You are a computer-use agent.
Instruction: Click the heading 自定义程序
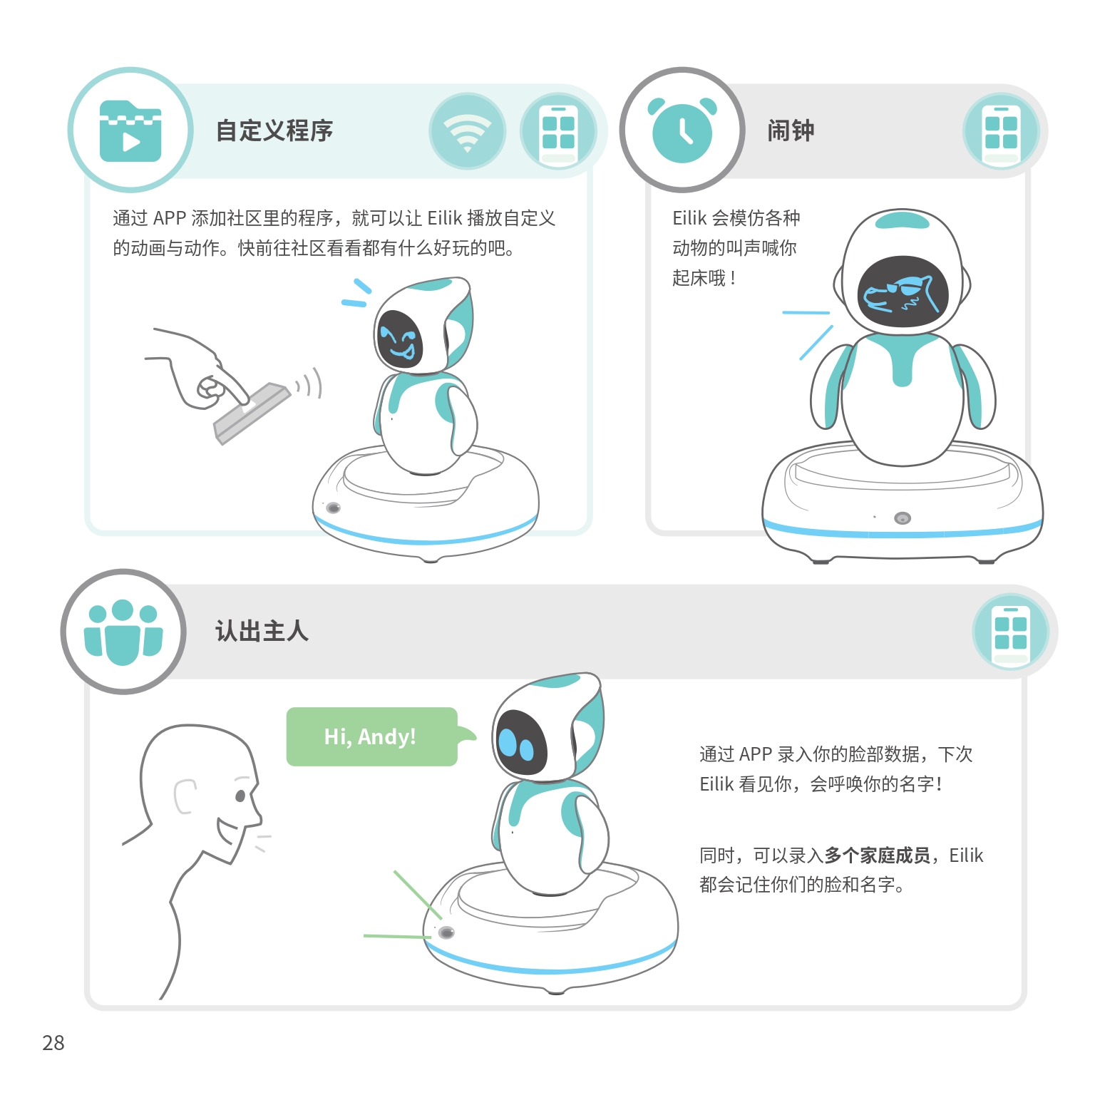[x=274, y=130]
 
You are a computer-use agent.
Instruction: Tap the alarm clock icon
[x=682, y=130]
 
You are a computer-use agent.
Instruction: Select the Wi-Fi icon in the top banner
[x=467, y=131]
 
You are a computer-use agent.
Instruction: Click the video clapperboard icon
[x=130, y=130]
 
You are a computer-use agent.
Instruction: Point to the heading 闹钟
[x=791, y=130]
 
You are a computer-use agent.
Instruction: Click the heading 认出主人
[x=262, y=631]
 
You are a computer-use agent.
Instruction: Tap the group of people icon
[x=123, y=632]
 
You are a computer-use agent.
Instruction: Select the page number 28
[x=53, y=1043]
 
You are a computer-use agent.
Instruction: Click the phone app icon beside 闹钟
[x=1001, y=131]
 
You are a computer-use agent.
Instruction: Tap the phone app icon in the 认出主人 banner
[x=1011, y=632]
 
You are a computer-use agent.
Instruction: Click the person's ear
[x=184, y=796]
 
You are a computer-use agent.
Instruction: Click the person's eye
[x=240, y=795]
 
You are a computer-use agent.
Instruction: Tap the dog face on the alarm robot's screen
[x=900, y=294]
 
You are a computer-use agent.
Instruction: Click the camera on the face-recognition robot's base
[x=446, y=932]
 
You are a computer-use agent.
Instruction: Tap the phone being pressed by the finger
[x=252, y=413]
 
